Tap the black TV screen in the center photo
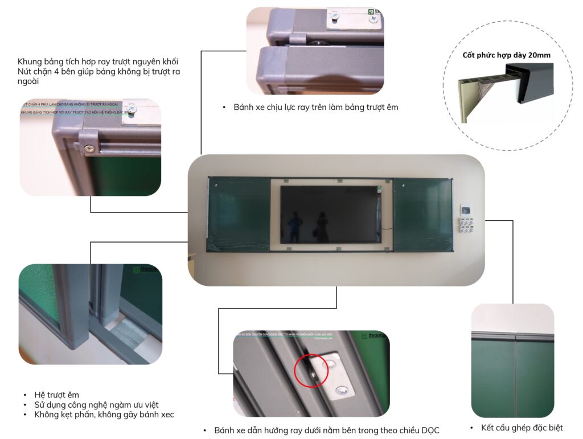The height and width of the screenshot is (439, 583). (331, 214)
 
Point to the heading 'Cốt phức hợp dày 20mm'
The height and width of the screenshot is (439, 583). (506, 55)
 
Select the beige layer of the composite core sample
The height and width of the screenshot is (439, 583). (464, 100)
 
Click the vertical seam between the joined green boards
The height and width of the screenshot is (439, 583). (515, 376)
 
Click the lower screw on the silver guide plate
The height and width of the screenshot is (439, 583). (341, 389)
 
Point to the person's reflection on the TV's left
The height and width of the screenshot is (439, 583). (294, 225)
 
